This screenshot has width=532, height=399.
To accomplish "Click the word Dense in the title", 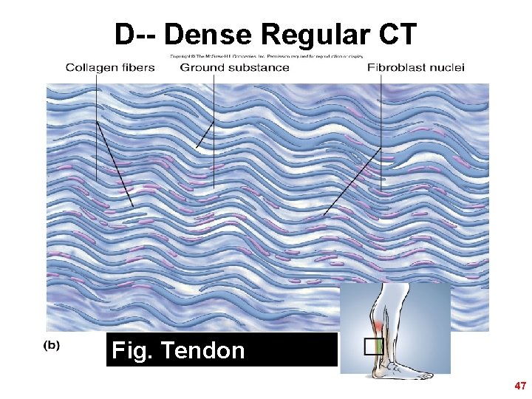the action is [x=208, y=34].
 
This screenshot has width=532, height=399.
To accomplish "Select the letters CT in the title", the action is [x=399, y=34].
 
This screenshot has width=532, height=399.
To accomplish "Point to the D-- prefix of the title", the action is [x=136, y=34].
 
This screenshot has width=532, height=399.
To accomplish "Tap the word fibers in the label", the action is [x=137, y=68].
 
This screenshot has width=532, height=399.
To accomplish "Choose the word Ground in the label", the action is [x=202, y=68].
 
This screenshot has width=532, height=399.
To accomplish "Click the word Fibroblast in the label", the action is [x=397, y=68].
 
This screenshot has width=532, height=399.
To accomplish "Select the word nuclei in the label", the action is [x=446, y=68].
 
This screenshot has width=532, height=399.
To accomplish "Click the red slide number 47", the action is [x=520, y=386].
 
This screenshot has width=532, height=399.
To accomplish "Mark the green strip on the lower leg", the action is [x=380, y=346].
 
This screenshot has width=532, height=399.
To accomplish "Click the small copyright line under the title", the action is [x=266, y=55].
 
